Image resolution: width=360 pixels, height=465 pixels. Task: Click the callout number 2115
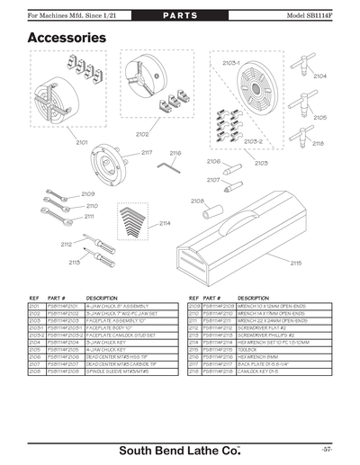(x=296, y=264)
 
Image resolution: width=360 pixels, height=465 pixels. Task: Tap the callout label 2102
(x=142, y=134)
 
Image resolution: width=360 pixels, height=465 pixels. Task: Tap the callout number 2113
(x=74, y=262)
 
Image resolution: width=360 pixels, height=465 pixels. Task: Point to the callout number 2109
(x=88, y=193)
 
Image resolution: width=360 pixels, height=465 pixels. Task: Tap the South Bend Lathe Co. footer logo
(x=179, y=449)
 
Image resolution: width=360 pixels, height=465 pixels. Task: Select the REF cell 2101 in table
(x=35, y=307)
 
